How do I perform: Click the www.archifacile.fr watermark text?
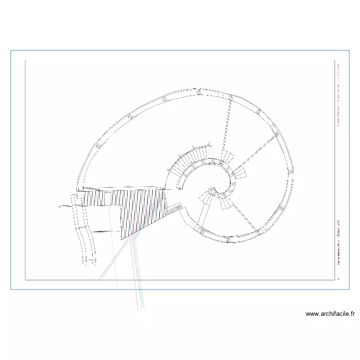tap(330, 314)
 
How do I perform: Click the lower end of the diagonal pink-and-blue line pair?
tap(100, 278)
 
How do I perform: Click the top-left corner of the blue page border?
tap(11, 50)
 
